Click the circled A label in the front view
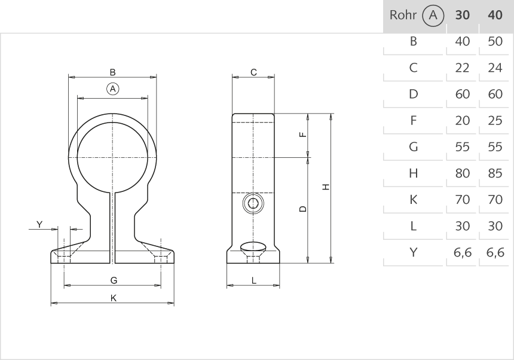(113, 89)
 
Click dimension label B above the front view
(113, 72)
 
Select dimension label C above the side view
(253, 72)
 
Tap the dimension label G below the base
(114, 280)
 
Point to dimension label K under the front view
(114, 298)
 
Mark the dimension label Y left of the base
(39, 224)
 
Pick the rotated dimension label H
(326, 187)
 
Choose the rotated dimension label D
(303, 209)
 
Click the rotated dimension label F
(303, 134)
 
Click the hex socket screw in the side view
(253, 204)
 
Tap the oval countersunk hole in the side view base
(253, 246)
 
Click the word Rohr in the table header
(402, 16)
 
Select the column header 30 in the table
(462, 16)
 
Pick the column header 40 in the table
(495, 16)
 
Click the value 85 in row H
(495, 173)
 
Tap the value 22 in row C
(462, 68)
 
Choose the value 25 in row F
(495, 121)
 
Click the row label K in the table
(413, 200)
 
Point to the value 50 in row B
(495, 42)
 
